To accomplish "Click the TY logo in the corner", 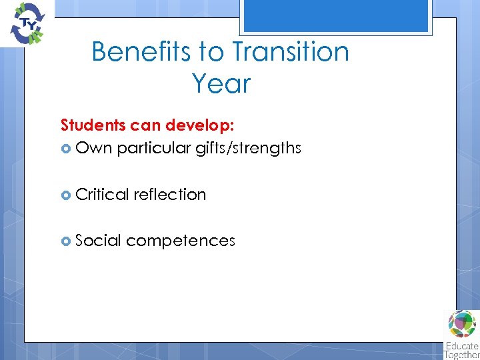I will click(26, 23).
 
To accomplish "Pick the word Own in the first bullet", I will click(94, 148).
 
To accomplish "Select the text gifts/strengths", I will click(248, 148).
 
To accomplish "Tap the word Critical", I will click(103, 195).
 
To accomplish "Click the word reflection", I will click(170, 195).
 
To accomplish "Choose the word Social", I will click(98, 241).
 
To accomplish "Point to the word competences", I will click(180, 241).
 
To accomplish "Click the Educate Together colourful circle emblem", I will click(462, 325).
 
